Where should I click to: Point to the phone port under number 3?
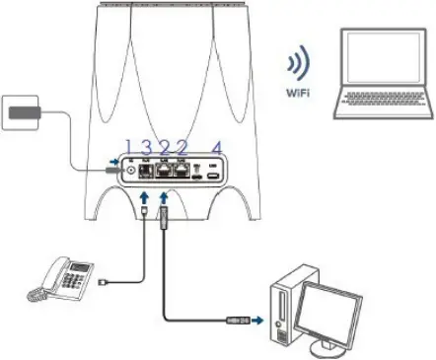point(147,172)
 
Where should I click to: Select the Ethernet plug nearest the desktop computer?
point(238,319)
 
